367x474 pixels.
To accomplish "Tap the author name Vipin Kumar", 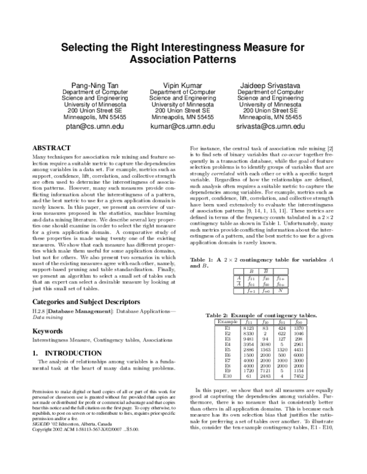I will pos(182,84).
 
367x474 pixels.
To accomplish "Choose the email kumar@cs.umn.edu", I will pos(182,126).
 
